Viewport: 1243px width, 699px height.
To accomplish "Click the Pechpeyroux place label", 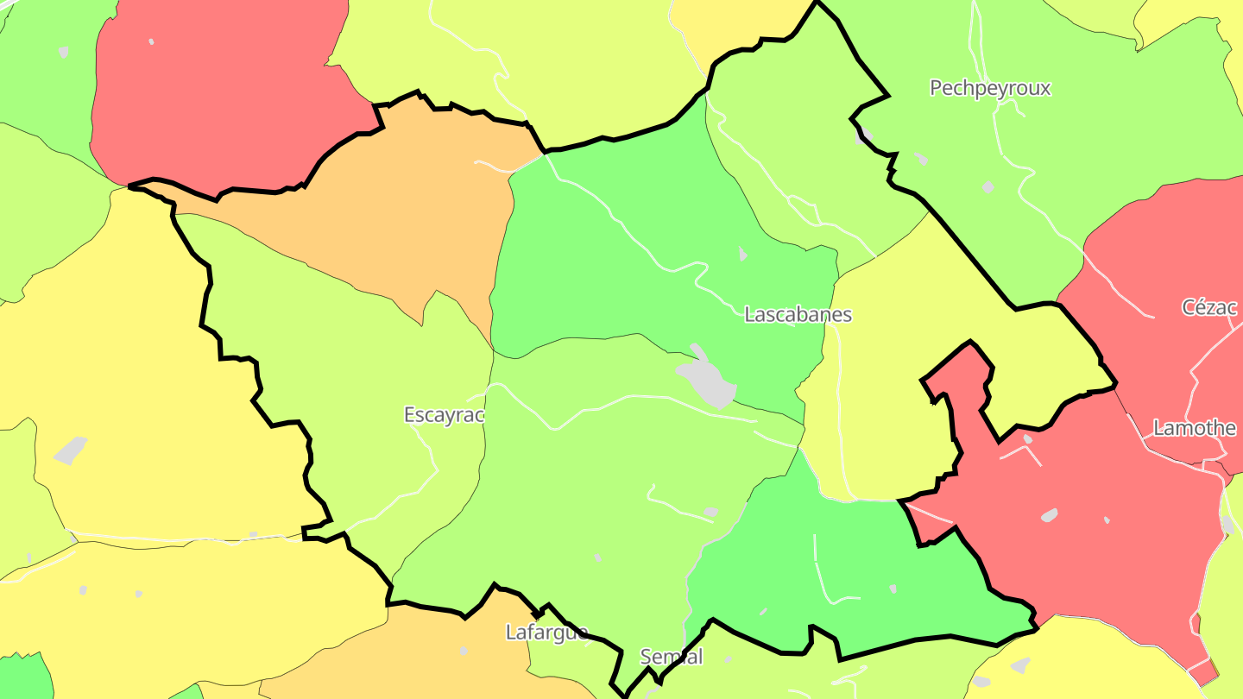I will coord(990,88).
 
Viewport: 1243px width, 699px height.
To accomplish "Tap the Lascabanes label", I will coord(798,315).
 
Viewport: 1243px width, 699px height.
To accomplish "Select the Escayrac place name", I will coord(444,415).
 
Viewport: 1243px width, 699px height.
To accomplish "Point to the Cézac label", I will coord(1209,307).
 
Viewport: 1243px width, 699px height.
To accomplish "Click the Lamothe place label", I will coord(1195,428).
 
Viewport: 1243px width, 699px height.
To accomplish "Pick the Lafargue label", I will coord(546,633).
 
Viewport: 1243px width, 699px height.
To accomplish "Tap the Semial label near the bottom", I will coord(672,657).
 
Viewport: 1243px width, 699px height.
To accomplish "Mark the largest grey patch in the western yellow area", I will coord(71,450).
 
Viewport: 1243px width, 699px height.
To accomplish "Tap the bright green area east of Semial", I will coord(863,570).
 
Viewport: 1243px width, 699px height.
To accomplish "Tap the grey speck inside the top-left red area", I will coord(151,41).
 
